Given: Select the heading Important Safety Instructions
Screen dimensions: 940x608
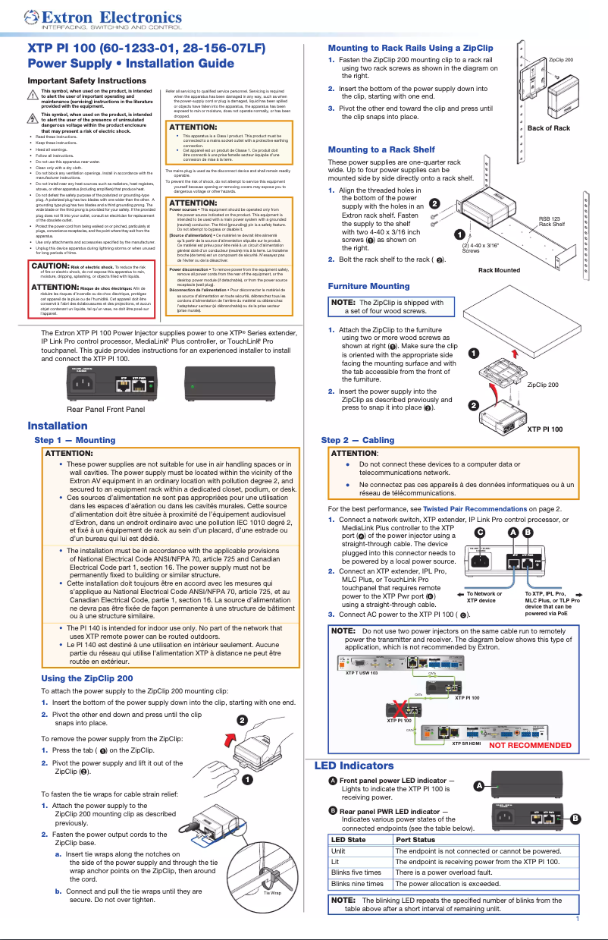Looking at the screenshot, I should (86, 80).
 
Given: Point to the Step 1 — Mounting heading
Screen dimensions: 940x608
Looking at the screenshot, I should (75, 439).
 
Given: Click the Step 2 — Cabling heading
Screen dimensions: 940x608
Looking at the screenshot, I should (357, 440).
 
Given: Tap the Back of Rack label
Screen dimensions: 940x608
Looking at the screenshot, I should (548, 128).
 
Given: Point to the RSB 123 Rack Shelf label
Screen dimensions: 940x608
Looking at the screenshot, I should (551, 222).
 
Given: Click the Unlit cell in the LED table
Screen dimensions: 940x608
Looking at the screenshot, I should (338, 851).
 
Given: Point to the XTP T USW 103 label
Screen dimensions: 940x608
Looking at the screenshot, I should (362, 672).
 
